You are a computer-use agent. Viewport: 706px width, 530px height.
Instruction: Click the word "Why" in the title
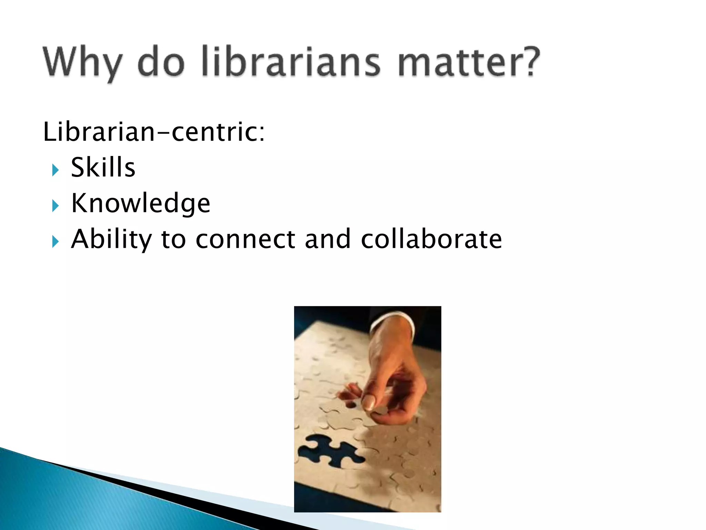[x=82, y=62]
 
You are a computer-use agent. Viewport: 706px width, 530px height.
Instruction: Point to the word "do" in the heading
[x=161, y=62]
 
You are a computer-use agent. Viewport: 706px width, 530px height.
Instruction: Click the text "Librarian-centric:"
[x=154, y=132]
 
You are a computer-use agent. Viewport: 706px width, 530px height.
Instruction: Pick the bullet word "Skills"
[x=103, y=167]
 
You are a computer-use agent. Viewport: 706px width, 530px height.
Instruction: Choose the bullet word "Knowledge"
[x=141, y=203]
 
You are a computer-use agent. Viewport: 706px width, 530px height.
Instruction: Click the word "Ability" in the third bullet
[x=111, y=239]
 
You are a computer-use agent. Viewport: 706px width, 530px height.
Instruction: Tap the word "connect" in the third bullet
[x=245, y=239]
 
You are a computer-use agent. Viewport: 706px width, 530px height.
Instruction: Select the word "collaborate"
[x=431, y=239]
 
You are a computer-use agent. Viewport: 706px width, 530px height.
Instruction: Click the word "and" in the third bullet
[x=328, y=239]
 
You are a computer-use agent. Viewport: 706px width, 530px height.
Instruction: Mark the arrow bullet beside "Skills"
[x=55, y=170]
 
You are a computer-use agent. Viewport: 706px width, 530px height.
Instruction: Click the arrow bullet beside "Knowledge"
[x=55, y=206]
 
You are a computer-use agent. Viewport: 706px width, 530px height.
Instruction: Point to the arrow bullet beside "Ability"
[x=55, y=242]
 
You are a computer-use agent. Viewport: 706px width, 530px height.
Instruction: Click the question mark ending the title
[x=529, y=61]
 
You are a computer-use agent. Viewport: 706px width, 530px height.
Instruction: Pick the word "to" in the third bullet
[x=173, y=239]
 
